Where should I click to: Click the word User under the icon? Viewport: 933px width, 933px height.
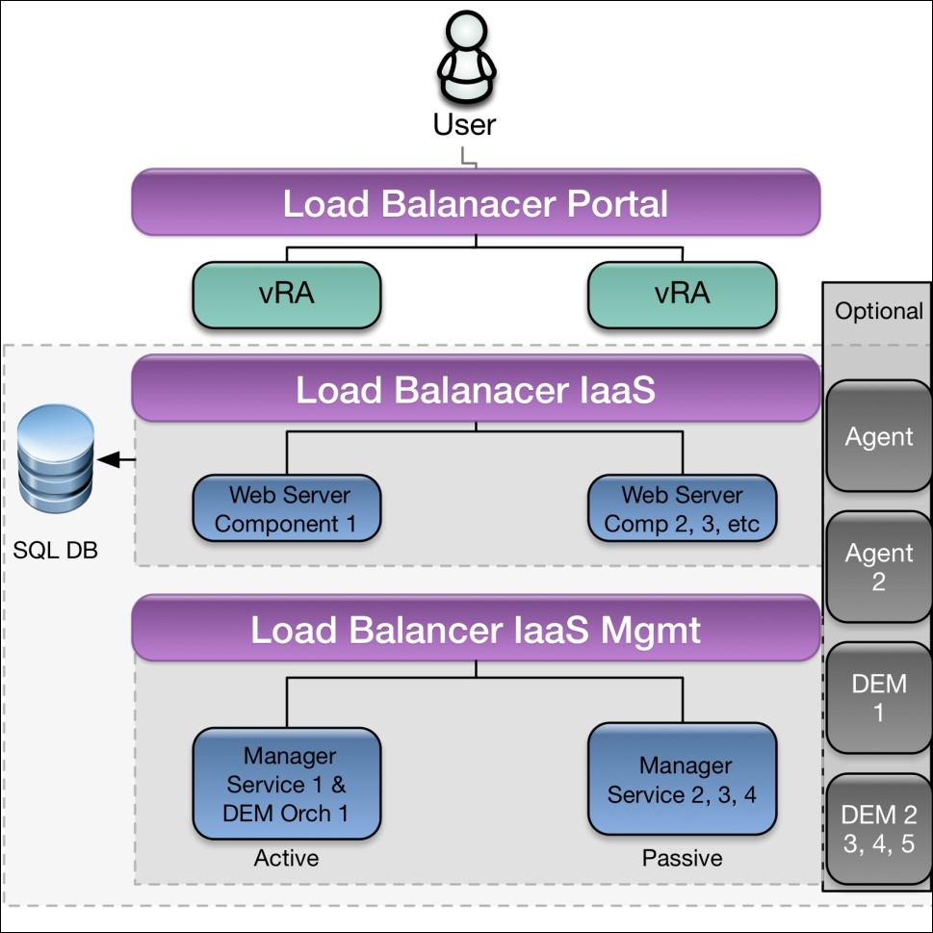pyautogui.click(x=465, y=124)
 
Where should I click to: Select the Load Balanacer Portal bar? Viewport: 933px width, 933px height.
pyautogui.click(x=476, y=203)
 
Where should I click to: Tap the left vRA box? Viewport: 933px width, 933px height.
pyautogui.click(x=287, y=294)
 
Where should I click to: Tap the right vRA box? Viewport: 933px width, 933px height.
pyautogui.click(x=682, y=294)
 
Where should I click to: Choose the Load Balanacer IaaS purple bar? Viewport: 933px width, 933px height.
pyautogui.click(x=476, y=389)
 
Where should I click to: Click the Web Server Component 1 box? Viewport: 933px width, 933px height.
pyautogui.click(x=287, y=509)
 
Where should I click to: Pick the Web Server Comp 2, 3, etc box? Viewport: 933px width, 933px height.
pyautogui.click(x=682, y=509)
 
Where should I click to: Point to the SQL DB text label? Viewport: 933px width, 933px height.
pyautogui.click(x=56, y=552)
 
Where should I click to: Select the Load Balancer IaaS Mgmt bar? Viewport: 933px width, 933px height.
pyautogui.click(x=476, y=630)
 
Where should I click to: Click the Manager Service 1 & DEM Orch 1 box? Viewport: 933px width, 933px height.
pyautogui.click(x=287, y=784)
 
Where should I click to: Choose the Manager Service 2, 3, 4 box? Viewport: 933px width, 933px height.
pyautogui.click(x=682, y=780)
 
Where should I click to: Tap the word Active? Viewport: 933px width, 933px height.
pyautogui.click(x=286, y=857)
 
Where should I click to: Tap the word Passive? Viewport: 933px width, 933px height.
pyautogui.click(x=682, y=857)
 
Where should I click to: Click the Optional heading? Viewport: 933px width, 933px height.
pyautogui.click(x=878, y=311)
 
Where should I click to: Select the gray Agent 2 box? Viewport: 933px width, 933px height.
pyautogui.click(x=878, y=568)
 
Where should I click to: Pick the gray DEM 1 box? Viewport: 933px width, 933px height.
pyautogui.click(x=878, y=698)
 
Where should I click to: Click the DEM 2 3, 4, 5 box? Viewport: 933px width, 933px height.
pyautogui.click(x=878, y=829)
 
